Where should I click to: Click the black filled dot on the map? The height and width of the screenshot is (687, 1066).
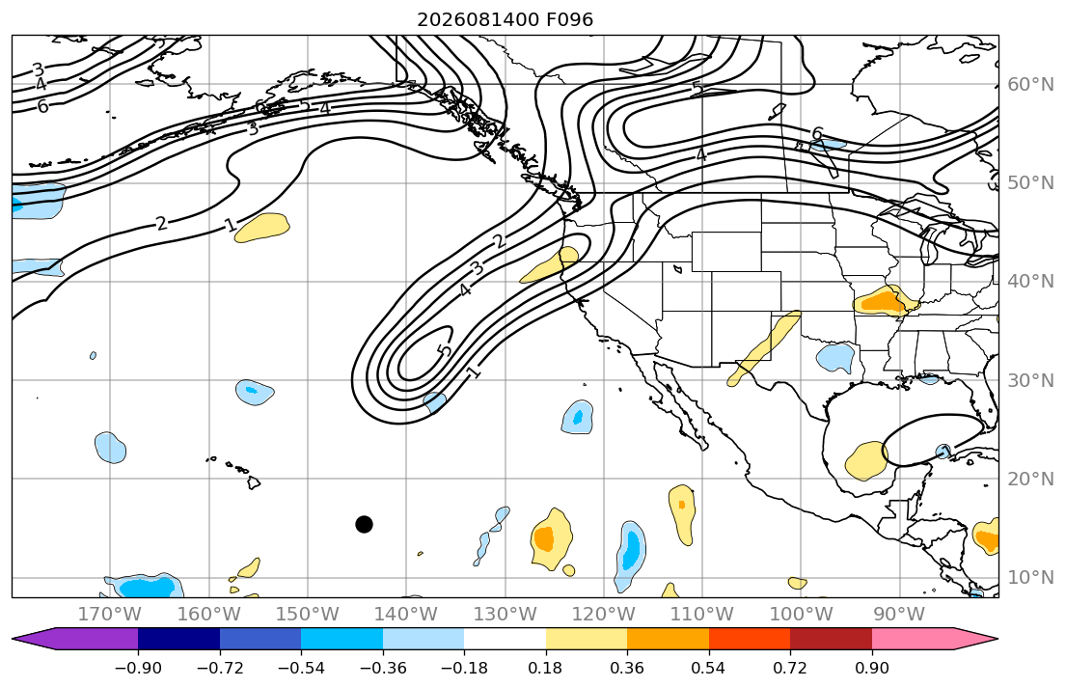click(364, 524)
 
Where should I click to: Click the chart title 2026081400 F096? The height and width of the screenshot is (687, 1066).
click(506, 19)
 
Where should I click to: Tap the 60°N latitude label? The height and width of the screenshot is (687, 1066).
click(1030, 84)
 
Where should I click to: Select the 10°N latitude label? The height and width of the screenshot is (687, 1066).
click(1030, 577)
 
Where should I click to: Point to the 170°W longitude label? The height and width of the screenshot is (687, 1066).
click(110, 615)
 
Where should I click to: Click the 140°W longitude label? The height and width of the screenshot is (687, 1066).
click(406, 615)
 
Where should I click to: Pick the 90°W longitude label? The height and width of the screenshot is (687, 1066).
click(899, 615)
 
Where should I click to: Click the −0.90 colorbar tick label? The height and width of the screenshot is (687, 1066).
click(138, 668)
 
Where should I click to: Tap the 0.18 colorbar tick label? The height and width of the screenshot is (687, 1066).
click(545, 668)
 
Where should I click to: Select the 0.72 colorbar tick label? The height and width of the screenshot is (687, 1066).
click(790, 668)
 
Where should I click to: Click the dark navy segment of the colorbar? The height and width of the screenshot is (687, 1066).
click(178, 639)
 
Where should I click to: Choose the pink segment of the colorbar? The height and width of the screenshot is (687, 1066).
click(913, 639)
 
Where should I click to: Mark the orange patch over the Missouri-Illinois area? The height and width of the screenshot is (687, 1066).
click(885, 300)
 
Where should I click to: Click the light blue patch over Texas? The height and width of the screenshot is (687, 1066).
click(835, 358)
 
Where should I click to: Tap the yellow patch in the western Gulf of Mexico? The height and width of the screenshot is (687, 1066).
click(866, 460)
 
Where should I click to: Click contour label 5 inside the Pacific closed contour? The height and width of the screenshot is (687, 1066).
click(445, 351)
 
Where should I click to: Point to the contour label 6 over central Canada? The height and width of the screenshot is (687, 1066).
click(817, 133)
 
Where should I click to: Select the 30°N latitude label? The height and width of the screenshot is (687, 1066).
click(1030, 380)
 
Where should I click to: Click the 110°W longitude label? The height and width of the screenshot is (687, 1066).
click(702, 615)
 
